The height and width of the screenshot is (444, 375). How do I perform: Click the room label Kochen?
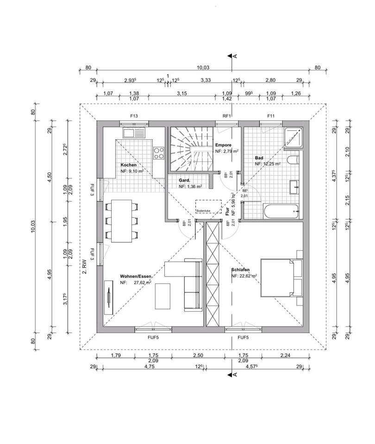coord(129,165)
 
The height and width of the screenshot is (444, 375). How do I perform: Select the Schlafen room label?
coord(241,270)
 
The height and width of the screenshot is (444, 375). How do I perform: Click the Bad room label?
coord(259,158)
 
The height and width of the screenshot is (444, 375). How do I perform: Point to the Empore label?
coord(223,145)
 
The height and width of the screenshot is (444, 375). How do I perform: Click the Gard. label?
coord(185,180)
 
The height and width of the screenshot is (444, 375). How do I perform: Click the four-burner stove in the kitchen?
coord(159,152)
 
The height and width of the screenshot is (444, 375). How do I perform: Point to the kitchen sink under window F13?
coord(134,133)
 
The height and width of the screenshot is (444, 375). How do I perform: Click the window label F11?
coord(271,116)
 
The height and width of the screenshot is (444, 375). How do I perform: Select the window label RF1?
coord(227,116)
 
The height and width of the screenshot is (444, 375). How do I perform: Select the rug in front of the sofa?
coord(163,296)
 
